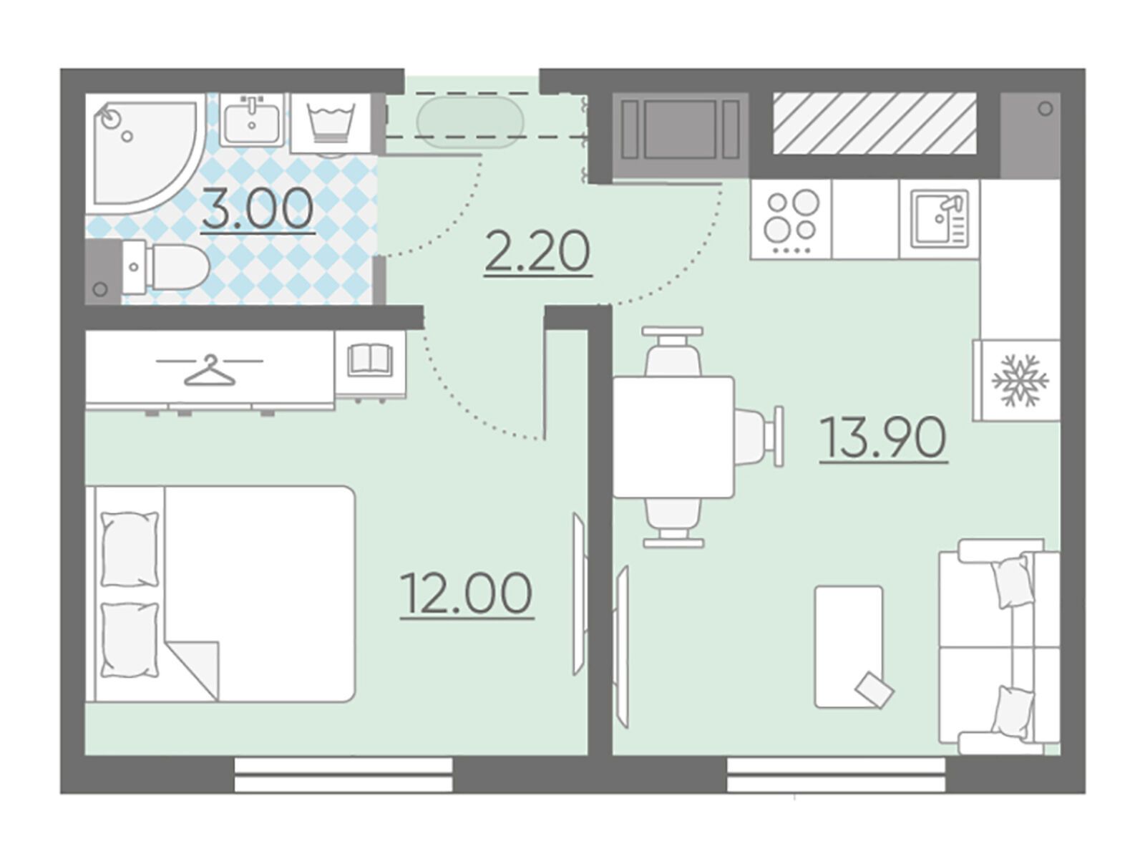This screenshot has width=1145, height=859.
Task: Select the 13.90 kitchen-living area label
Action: click(882, 437)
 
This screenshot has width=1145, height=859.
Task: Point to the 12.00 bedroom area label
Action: click(467, 593)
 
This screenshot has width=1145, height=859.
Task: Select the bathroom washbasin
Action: click(251, 120)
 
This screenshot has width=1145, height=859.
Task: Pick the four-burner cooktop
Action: click(791, 220)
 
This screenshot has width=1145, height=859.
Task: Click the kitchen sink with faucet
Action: click(939, 220)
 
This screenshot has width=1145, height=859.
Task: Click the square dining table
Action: click(673, 437)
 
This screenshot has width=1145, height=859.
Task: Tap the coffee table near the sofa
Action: click(849, 646)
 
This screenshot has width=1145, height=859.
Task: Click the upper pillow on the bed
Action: click(130, 548)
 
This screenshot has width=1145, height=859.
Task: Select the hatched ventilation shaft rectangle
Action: click(874, 124)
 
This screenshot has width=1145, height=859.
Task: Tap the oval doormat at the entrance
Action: click(469, 122)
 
